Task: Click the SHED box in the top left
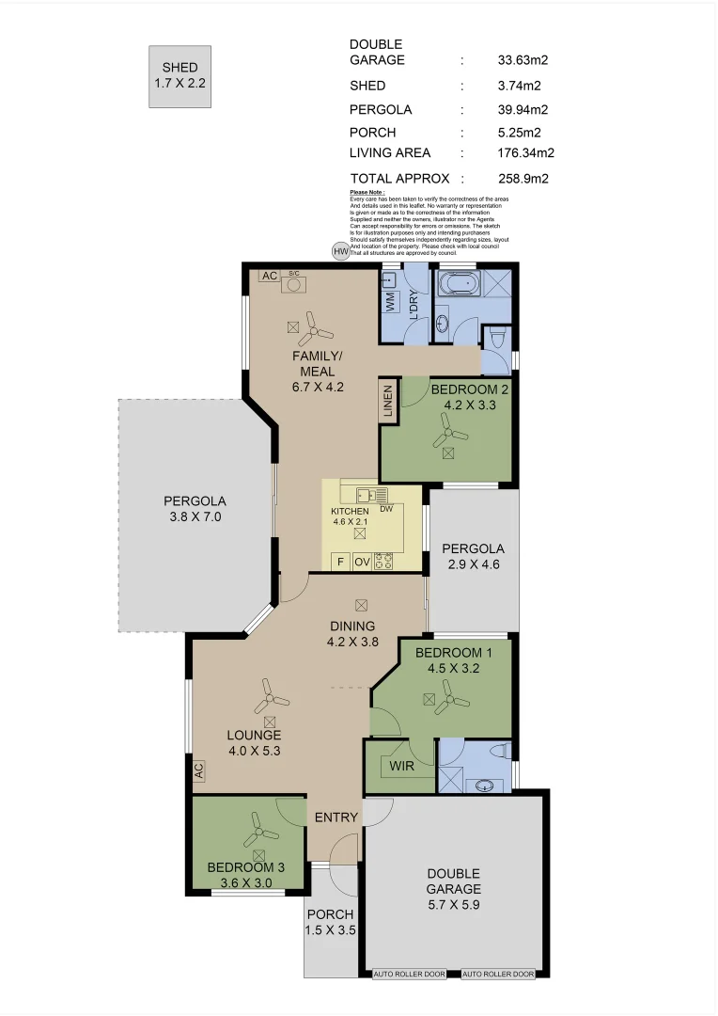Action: click(179, 75)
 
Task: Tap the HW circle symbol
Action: click(340, 252)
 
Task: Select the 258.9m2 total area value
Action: click(523, 178)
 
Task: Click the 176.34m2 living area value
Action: click(525, 152)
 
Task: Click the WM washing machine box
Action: click(390, 303)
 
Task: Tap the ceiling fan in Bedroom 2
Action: click(448, 434)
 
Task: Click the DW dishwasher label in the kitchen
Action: click(385, 508)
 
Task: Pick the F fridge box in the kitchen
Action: click(340, 562)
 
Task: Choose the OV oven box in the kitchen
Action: click(362, 562)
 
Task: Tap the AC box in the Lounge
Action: click(198, 770)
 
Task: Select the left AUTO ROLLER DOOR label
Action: click(410, 974)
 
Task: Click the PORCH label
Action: click(330, 913)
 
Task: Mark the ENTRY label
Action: click(336, 817)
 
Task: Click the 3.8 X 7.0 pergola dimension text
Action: click(195, 516)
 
